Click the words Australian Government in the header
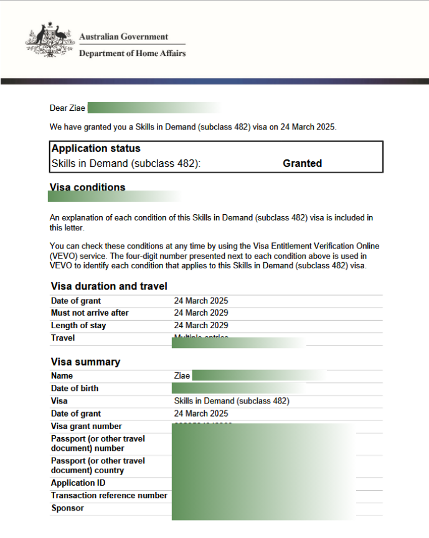tap(123, 37)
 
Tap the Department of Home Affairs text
tap(132, 54)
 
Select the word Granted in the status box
tap(302, 164)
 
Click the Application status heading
tap(96, 149)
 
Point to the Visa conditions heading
tap(87, 187)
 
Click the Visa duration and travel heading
tap(109, 286)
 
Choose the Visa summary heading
tap(85, 362)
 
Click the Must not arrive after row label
tap(90, 313)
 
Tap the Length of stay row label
tap(78, 325)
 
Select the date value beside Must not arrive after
tap(201, 313)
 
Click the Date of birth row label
tap(75, 388)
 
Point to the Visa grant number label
tap(87, 426)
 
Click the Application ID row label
tap(78, 483)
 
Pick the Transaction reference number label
tap(109, 496)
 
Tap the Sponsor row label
tap(67, 508)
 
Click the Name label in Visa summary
tap(62, 375)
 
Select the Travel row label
tap(63, 337)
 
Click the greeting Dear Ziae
tap(67, 108)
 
